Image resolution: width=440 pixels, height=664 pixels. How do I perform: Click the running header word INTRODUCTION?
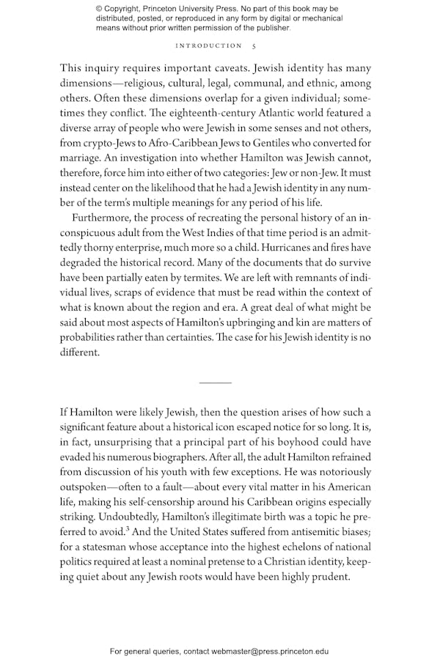click(209, 45)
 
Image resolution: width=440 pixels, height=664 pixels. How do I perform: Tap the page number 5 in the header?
click(253, 45)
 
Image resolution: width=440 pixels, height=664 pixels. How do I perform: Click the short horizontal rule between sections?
click(215, 383)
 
